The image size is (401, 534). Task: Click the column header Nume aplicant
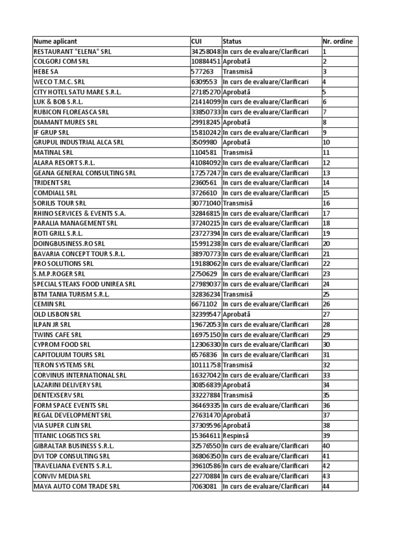point(55,41)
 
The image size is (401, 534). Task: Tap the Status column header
point(232,41)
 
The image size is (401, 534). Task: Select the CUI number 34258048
point(206,52)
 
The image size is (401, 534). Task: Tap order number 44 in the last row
point(327,486)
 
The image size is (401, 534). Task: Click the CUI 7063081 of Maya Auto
point(204,486)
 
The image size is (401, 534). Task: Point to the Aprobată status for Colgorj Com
point(237,62)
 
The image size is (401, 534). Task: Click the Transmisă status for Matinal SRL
point(238,152)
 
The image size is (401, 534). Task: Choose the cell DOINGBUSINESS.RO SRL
point(69,244)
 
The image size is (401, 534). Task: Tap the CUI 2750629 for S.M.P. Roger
point(204,274)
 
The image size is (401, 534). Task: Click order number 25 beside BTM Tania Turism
point(327,294)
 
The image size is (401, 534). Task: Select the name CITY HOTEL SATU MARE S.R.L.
point(77,92)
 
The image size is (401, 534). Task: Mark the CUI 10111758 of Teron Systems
point(206,365)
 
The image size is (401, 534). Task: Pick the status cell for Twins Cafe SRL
point(265,334)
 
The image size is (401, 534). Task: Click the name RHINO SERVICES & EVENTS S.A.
point(79,213)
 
